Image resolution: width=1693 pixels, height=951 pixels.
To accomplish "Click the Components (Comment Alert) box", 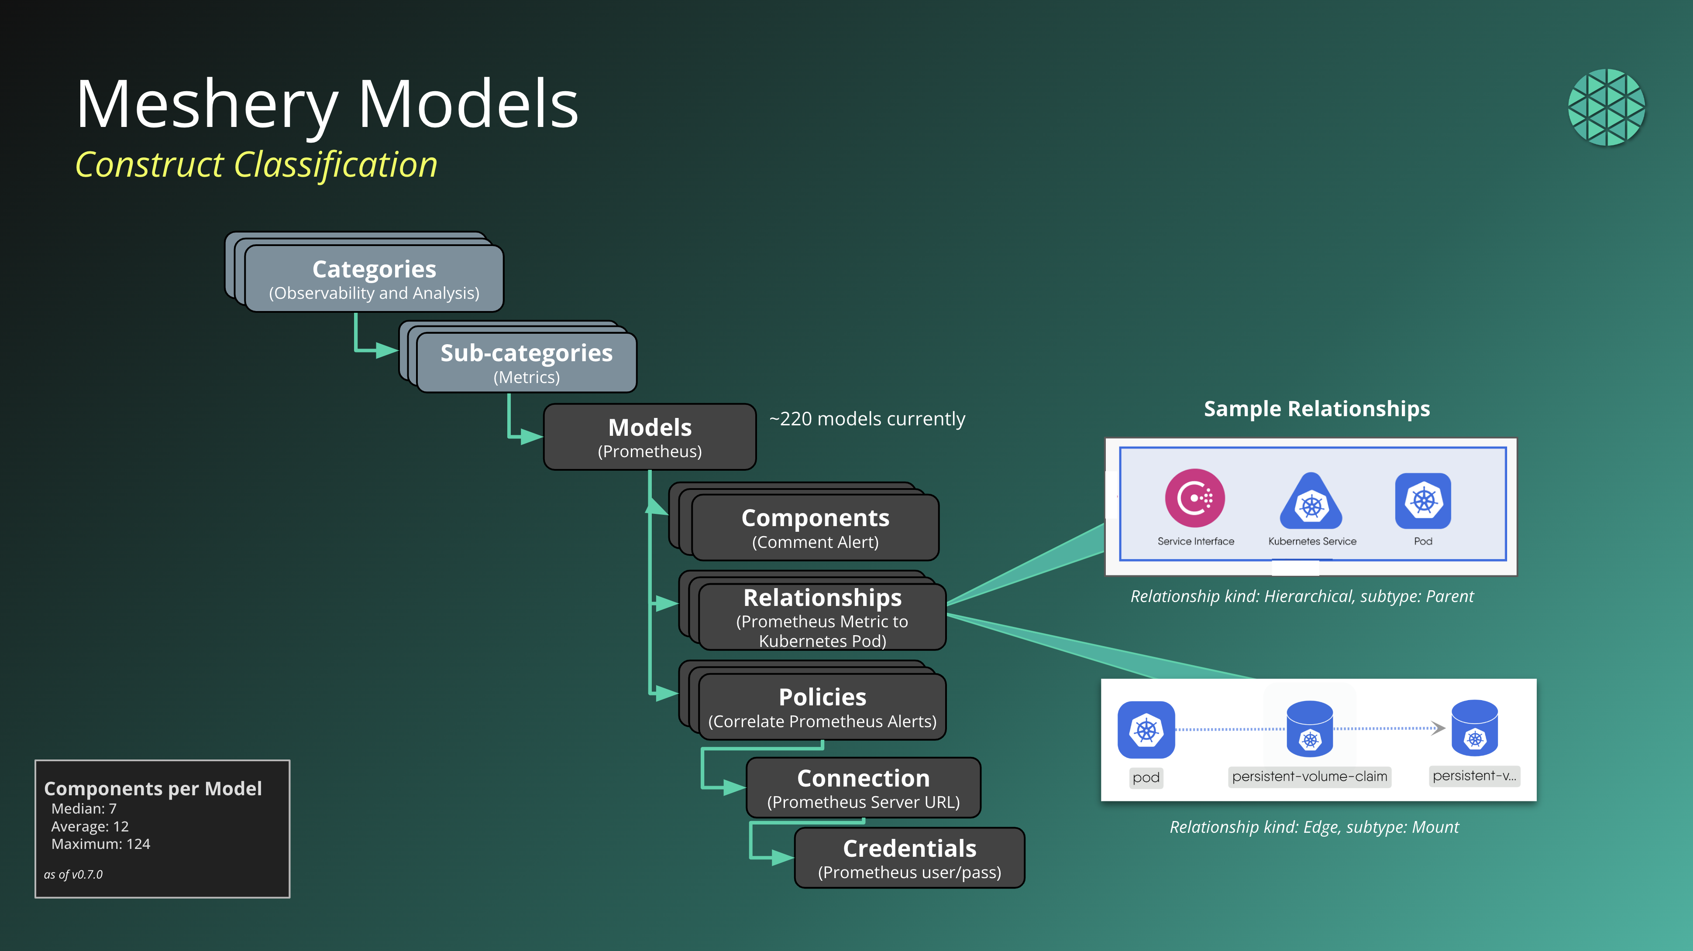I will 815,528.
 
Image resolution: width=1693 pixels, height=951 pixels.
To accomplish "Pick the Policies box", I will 822,707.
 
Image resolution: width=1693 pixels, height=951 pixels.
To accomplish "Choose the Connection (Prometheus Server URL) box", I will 863,788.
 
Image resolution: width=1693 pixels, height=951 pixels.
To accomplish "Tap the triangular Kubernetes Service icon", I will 1311,503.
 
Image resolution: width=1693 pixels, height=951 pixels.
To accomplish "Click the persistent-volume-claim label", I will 1309,777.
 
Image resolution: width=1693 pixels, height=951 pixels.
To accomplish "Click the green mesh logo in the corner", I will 1606,107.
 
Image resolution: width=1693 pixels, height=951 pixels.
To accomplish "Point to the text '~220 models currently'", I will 867,419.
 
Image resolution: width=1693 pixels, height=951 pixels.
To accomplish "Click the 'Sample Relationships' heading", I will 1316,408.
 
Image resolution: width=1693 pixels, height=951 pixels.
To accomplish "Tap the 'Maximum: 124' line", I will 100,844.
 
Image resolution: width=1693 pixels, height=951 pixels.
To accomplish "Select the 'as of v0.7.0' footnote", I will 73,874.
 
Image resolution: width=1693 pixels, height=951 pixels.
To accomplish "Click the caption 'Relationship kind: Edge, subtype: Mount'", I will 1314,827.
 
